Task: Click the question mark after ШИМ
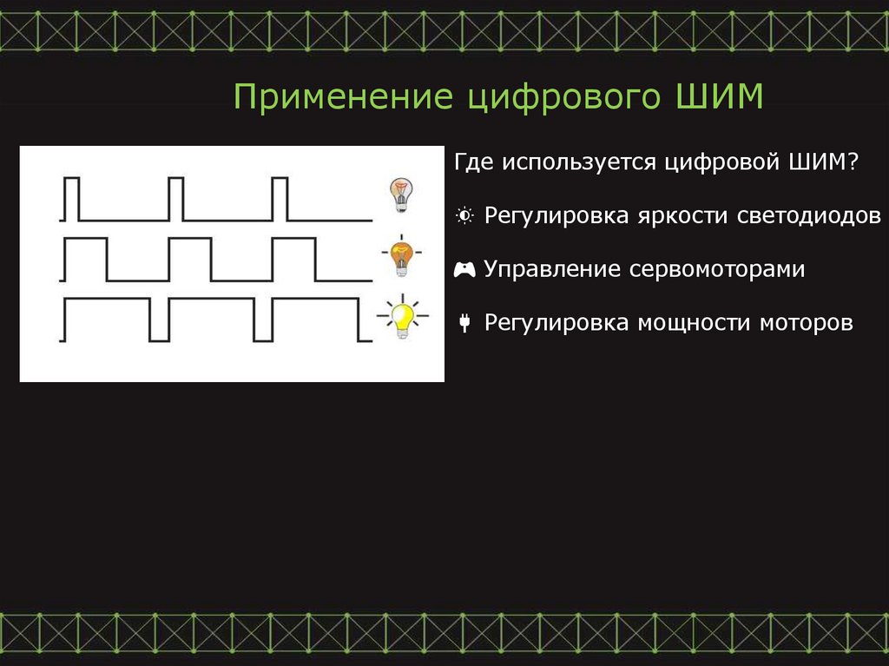[x=853, y=162]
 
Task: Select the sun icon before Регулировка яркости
[x=464, y=215]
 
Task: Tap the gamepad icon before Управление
[x=464, y=269]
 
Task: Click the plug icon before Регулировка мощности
[x=464, y=324]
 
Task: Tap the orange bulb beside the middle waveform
[x=400, y=255]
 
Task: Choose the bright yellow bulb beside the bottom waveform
[x=401, y=316]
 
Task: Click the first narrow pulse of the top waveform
[x=71, y=198]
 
